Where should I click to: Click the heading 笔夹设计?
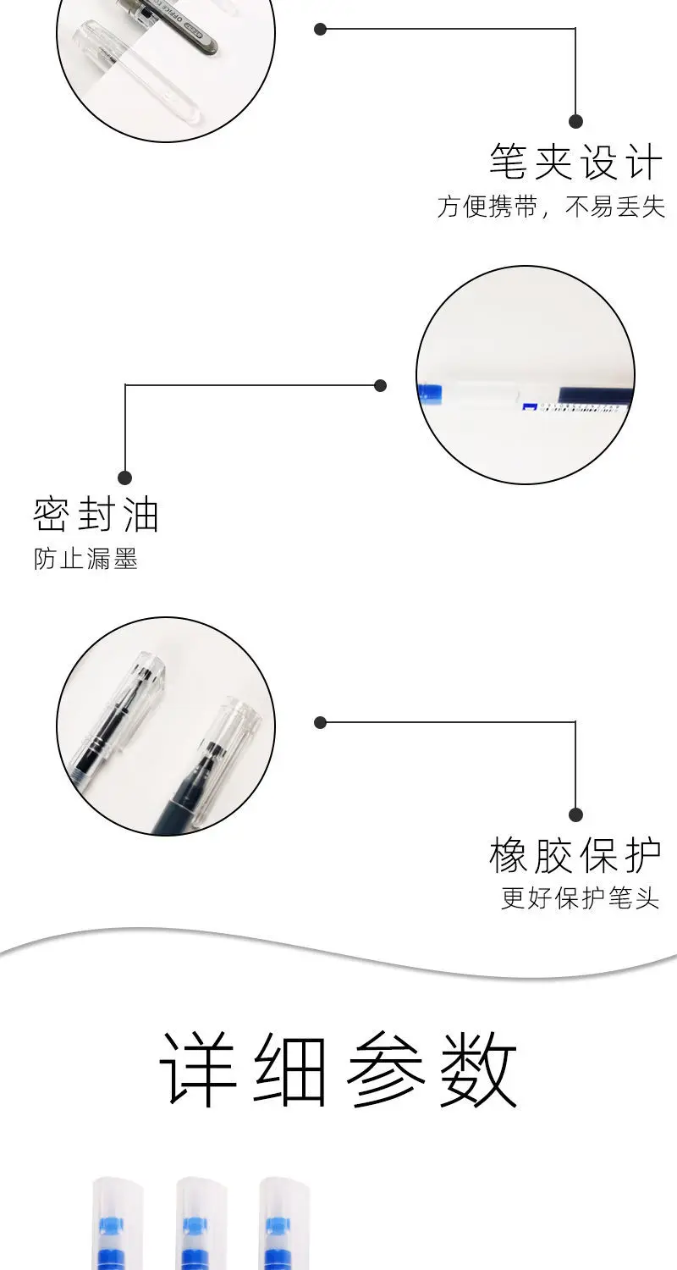tap(575, 162)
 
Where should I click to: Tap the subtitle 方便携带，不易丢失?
tap(551, 207)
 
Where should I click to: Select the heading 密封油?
tap(96, 515)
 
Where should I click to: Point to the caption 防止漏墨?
tap(85, 560)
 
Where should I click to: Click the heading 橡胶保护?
tap(575, 856)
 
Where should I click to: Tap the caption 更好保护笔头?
tap(580, 899)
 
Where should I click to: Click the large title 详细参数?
tap(338, 1070)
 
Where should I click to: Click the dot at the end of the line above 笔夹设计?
tap(575, 121)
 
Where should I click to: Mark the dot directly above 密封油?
tap(125, 478)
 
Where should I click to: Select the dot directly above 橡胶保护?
tap(575, 814)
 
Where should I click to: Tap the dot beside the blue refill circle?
tap(380, 385)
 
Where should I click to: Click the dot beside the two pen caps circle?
tap(320, 722)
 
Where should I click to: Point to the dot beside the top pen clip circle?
tap(320, 29)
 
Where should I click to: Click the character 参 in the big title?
tap(385, 1070)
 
